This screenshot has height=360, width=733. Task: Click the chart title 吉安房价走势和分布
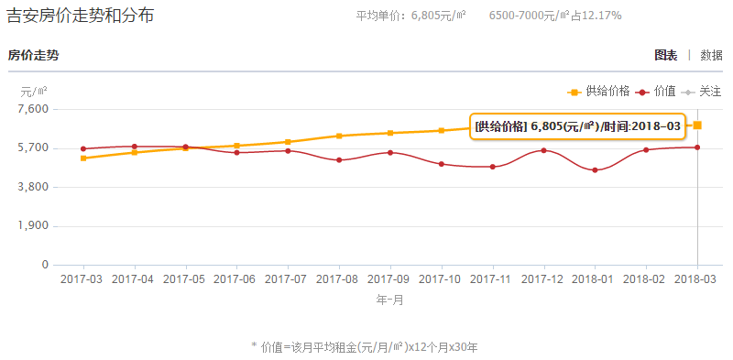[81, 16]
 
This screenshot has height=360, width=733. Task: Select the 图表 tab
[666, 55]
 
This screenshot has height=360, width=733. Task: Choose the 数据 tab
[711, 55]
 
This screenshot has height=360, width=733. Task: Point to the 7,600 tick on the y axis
[32, 109]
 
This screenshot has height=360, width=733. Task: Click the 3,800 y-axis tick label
[32, 187]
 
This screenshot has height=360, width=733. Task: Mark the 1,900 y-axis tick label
[32, 226]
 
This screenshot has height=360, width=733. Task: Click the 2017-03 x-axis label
[82, 278]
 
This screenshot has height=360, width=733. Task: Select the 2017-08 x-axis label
[339, 278]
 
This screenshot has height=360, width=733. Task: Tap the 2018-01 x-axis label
[596, 278]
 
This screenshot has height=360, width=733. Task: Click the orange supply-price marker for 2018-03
[698, 125]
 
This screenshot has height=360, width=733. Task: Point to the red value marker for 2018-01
[596, 170]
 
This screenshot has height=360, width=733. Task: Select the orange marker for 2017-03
[83, 158]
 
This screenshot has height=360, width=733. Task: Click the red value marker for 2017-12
[544, 150]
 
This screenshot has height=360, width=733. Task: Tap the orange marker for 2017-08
[339, 136]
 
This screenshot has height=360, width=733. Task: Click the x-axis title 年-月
[390, 300]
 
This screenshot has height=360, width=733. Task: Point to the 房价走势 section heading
[33, 55]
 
